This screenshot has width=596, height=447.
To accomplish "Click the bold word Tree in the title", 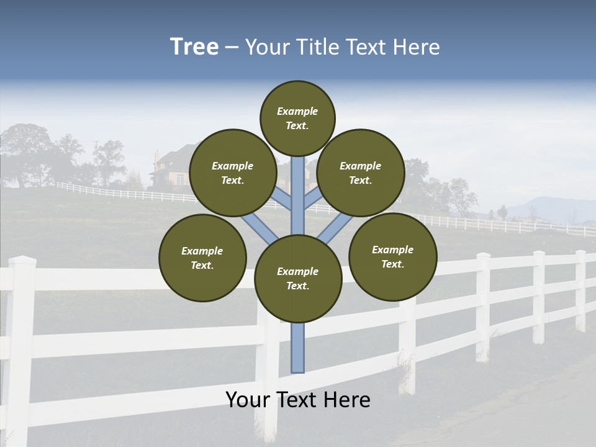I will (x=194, y=47).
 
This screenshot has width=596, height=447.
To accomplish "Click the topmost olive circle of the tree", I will (x=297, y=118).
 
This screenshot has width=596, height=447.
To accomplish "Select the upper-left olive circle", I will (x=233, y=173).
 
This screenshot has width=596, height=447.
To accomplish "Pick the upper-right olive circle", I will (x=361, y=173).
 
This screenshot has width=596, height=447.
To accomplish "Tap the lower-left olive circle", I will (x=202, y=258).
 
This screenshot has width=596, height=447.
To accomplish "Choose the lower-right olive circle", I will (x=392, y=256).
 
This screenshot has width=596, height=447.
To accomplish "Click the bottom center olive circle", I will (x=298, y=279).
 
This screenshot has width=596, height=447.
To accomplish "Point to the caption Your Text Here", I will (x=298, y=400).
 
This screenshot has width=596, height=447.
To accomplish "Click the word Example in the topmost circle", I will (x=297, y=111).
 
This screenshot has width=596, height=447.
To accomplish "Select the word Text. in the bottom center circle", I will (x=298, y=286).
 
